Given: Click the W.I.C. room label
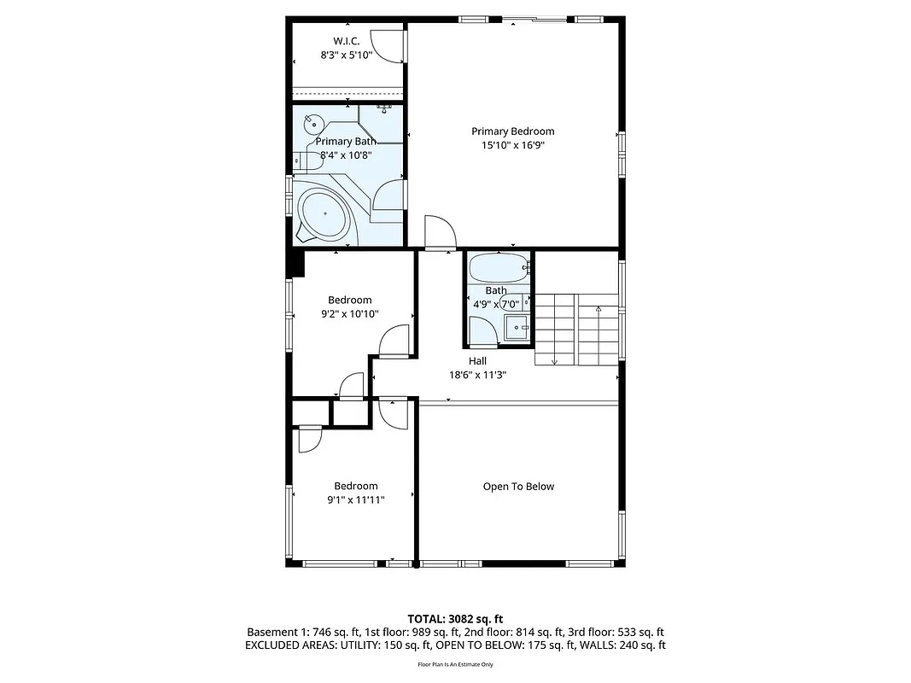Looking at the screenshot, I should [x=346, y=41].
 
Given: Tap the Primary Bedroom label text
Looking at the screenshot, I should [x=512, y=131].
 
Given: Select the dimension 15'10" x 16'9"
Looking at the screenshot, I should [x=512, y=145].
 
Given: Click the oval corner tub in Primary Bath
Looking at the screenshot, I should [x=324, y=213].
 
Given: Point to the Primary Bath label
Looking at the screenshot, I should [x=346, y=142].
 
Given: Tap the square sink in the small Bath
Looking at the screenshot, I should [x=517, y=328].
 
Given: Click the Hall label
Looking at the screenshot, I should [x=477, y=361].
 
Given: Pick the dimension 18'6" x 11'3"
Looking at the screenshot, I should [x=477, y=375].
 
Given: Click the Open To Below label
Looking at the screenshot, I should [x=518, y=487].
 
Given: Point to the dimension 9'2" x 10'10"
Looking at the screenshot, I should [x=349, y=314].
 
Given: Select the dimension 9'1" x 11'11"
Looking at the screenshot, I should [x=355, y=500].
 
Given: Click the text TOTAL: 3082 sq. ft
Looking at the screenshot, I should [x=455, y=618].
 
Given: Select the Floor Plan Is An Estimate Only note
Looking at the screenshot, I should [x=455, y=663].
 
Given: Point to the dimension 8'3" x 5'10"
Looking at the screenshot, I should [x=346, y=55].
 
